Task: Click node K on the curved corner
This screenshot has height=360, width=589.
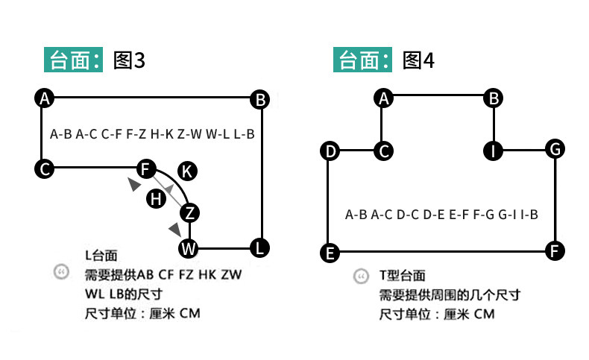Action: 188,171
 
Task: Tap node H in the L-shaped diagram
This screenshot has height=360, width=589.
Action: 156,198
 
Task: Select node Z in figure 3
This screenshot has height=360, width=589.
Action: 190,212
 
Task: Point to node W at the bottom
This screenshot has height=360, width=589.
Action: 189,247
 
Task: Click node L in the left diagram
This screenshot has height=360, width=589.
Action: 259,247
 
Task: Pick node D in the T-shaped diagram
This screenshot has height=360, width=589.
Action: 330,151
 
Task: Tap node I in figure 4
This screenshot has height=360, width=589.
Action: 492,151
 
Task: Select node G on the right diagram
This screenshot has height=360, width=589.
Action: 554,149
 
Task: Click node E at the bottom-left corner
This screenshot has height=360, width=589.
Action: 330,253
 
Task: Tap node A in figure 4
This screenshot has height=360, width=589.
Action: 384,98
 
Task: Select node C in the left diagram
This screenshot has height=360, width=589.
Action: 45,169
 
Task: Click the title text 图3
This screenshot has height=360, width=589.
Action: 128,60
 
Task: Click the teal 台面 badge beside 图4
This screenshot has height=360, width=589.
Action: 363,60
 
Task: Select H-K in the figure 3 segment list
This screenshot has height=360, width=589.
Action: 162,135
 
